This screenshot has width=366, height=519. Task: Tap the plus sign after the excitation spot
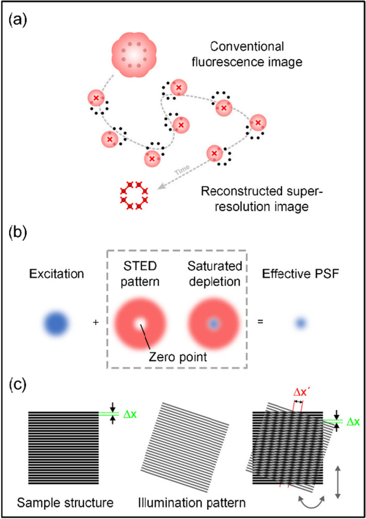coord(96,323)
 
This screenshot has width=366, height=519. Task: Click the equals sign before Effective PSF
coord(260,323)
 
